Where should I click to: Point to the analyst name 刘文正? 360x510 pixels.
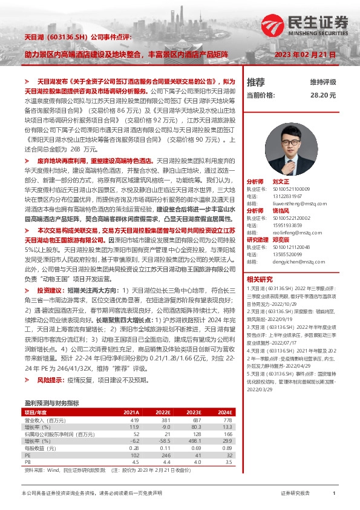281,181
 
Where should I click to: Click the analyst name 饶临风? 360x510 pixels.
281,210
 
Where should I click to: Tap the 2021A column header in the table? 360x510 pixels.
131,412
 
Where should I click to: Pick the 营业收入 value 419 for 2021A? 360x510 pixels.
134,420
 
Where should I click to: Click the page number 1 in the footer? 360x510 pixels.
334,494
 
